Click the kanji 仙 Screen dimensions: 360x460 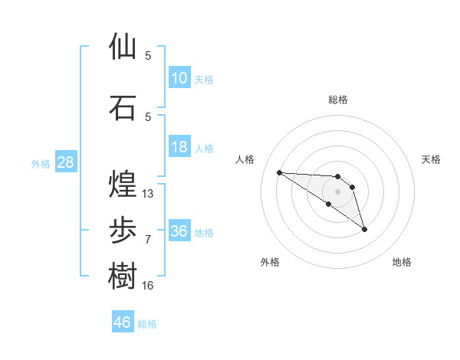(123, 47)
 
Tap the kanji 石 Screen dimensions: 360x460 (123, 107)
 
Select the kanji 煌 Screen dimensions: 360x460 (123, 185)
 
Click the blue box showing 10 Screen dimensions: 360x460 (179, 78)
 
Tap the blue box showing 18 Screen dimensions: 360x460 (179, 147)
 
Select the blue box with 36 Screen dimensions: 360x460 (179, 231)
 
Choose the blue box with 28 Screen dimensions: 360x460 (65, 162)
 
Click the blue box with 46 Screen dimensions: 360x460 (123, 322)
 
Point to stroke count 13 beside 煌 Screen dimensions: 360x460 (148, 194)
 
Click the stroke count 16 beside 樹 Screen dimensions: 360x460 (148, 286)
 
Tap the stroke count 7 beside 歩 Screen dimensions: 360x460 (148, 240)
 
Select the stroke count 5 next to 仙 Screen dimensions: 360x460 (148, 56)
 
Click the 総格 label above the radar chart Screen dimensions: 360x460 (337, 100)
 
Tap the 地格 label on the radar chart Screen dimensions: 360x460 (402, 262)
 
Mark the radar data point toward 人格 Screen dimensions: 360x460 (279, 172)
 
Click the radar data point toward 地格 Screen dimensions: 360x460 (364, 229)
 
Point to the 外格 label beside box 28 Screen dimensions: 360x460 (40, 163)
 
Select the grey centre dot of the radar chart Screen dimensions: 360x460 (337, 191)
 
